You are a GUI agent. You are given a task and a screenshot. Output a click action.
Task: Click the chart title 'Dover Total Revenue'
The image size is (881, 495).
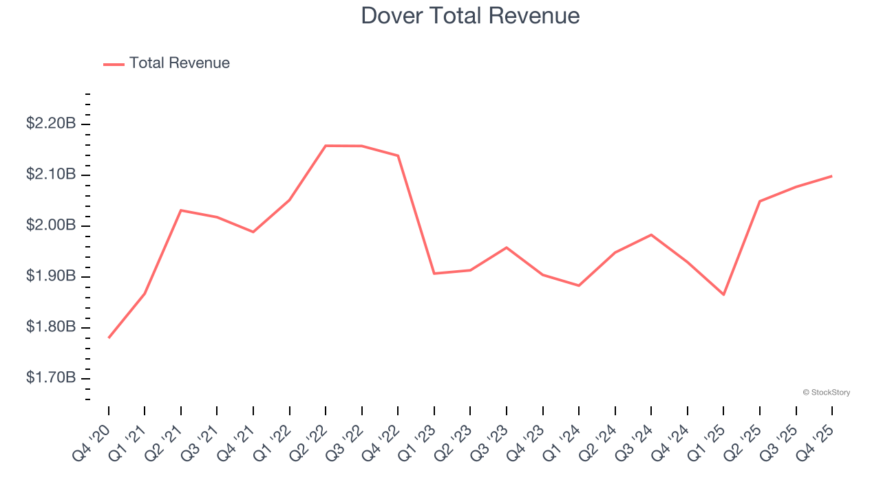(x=470, y=16)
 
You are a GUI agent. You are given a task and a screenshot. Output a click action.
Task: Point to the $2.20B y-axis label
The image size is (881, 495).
(x=51, y=124)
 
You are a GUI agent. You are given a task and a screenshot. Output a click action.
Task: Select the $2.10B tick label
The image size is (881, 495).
(x=51, y=175)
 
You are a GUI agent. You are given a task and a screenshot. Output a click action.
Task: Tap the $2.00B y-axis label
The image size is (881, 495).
(x=51, y=225)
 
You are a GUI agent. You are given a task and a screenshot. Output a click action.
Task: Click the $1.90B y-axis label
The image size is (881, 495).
(x=51, y=276)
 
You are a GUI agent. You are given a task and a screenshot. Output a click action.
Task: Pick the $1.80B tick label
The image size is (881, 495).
(x=51, y=327)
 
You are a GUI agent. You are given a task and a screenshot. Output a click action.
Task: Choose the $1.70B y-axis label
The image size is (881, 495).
(x=51, y=377)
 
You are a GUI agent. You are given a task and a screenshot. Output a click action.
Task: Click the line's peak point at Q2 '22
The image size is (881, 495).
(x=326, y=146)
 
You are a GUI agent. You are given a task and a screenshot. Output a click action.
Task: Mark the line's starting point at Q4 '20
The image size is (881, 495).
(x=109, y=338)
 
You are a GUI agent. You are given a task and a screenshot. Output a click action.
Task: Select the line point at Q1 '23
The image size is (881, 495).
(x=434, y=274)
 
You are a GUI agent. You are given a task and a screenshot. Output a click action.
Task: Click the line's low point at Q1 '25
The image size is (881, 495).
(x=723, y=294)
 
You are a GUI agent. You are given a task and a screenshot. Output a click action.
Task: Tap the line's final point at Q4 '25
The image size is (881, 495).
(x=831, y=176)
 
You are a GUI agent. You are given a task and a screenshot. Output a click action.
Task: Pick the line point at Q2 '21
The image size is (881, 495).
(x=181, y=210)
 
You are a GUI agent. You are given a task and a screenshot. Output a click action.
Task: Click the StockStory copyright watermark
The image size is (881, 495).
(x=826, y=393)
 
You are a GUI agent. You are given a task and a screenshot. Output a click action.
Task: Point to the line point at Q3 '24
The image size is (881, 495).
(x=651, y=235)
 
